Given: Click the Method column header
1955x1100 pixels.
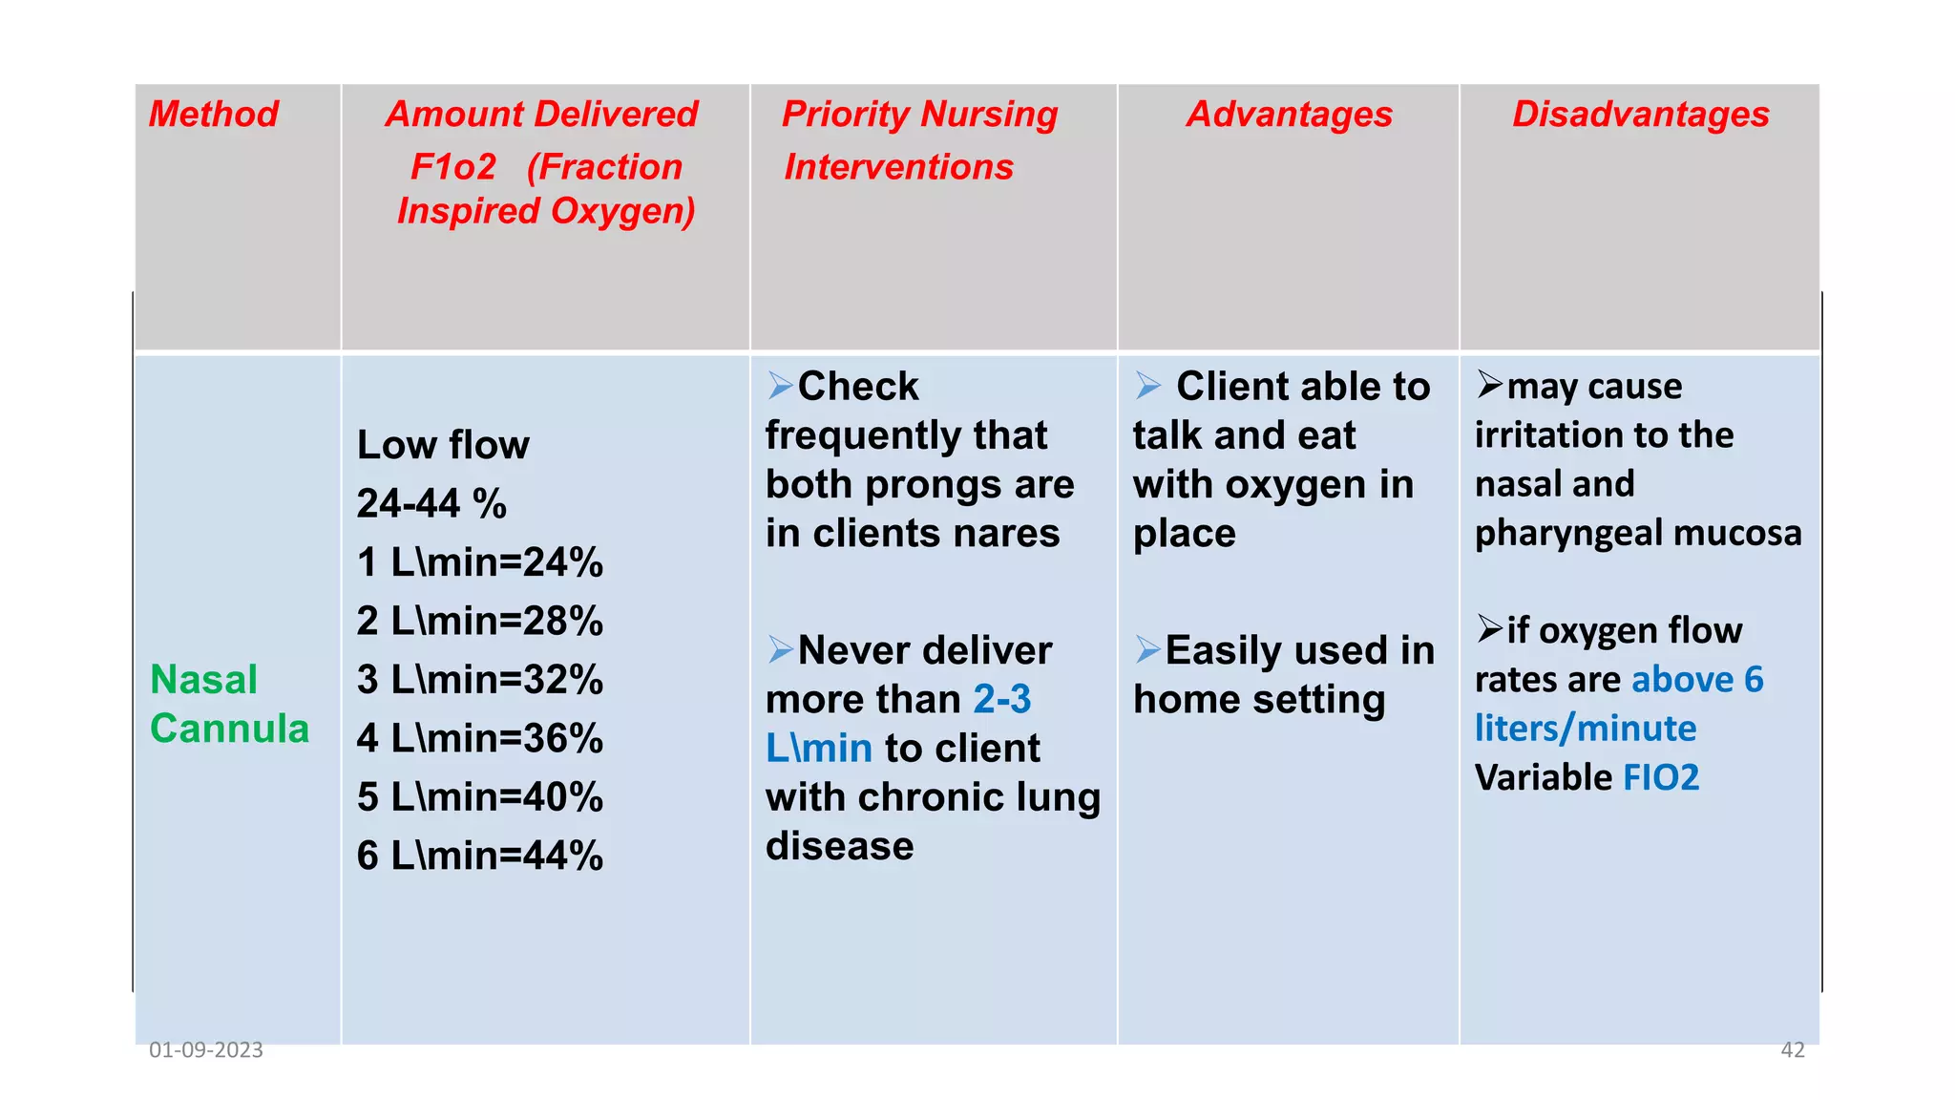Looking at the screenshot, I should click(214, 115).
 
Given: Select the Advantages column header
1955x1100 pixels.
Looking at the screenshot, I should click(1289, 115).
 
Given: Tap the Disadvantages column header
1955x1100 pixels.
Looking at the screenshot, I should click(1640, 115).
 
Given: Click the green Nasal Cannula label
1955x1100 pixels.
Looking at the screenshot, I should click(229, 704).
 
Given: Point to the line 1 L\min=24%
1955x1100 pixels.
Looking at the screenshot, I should click(479, 562).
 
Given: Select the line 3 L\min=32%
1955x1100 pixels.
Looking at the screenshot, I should click(479, 680).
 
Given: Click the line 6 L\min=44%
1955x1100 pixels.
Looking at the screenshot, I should click(479, 856).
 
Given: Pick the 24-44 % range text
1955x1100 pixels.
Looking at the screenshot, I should click(431, 503).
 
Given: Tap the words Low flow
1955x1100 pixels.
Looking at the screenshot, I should click(443, 445).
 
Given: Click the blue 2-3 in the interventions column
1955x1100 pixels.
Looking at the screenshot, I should click(1002, 700).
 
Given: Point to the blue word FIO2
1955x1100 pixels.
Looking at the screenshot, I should click(1661, 778).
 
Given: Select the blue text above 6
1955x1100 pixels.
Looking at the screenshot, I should click(1697, 680).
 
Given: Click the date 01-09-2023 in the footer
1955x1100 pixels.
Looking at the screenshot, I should click(206, 1050).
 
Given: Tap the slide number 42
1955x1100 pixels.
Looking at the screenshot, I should click(1793, 1050).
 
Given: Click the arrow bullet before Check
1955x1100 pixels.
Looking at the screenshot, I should click(781, 386).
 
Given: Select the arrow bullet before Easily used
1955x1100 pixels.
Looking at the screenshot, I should click(1147, 649).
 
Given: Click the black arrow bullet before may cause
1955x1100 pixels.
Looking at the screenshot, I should click(1489, 384).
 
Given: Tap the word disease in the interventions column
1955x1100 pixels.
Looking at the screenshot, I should click(839, 846).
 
